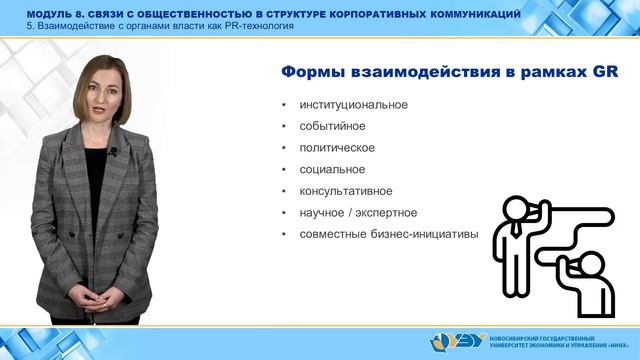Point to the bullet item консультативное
(x=345, y=191)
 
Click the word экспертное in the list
(x=384, y=213)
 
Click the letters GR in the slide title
(x=604, y=72)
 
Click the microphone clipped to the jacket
(x=113, y=152)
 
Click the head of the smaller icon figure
(x=588, y=263)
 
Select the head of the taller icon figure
(x=519, y=208)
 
